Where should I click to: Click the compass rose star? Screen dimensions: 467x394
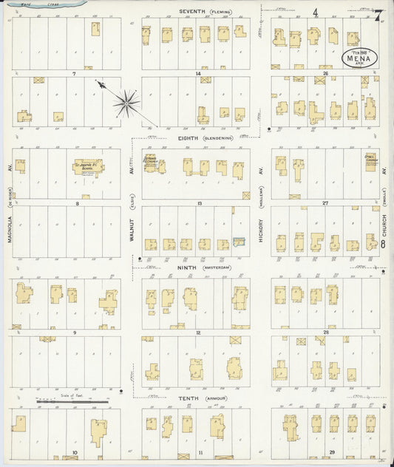[x=127, y=103]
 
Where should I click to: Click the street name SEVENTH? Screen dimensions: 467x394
[x=194, y=11]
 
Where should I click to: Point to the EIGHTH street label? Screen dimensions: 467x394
[x=191, y=137]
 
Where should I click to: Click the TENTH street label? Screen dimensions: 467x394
[x=189, y=398]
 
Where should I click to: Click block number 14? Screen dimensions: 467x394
[x=198, y=74]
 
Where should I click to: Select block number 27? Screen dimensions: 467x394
[x=325, y=202]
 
